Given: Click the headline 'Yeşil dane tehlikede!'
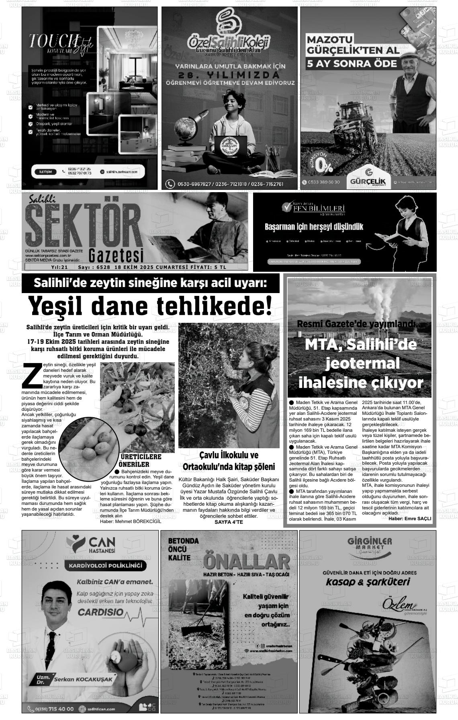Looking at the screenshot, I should [149, 306].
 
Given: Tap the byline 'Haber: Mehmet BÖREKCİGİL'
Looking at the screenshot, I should [130, 521].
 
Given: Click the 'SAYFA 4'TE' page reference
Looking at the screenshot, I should [229, 522].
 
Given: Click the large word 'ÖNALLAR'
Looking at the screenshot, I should [246, 561].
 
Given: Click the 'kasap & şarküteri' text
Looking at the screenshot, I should [368, 582].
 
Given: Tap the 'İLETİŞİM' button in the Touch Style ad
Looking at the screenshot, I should [45, 172].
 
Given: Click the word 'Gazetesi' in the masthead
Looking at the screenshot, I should [116, 254].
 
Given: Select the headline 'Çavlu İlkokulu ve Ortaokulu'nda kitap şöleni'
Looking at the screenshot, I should [229, 461].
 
